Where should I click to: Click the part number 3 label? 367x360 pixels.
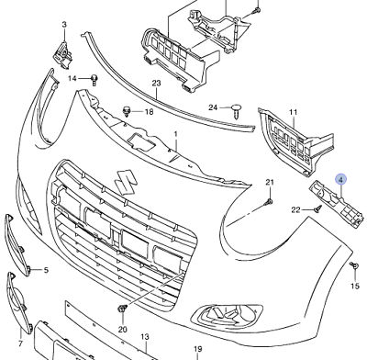(x=64, y=24)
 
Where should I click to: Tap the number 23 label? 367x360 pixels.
(x=157, y=84)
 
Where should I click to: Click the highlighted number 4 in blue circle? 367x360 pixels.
(x=340, y=181)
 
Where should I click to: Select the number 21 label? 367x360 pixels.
(x=270, y=182)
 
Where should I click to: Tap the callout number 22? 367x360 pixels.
(x=296, y=210)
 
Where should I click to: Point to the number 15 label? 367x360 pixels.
(x=355, y=287)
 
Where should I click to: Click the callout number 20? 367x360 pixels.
(x=123, y=329)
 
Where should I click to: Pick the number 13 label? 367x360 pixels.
(x=144, y=339)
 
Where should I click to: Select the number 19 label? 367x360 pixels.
(x=197, y=350)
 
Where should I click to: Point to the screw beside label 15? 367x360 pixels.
(x=353, y=265)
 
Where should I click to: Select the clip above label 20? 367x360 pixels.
(x=120, y=306)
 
